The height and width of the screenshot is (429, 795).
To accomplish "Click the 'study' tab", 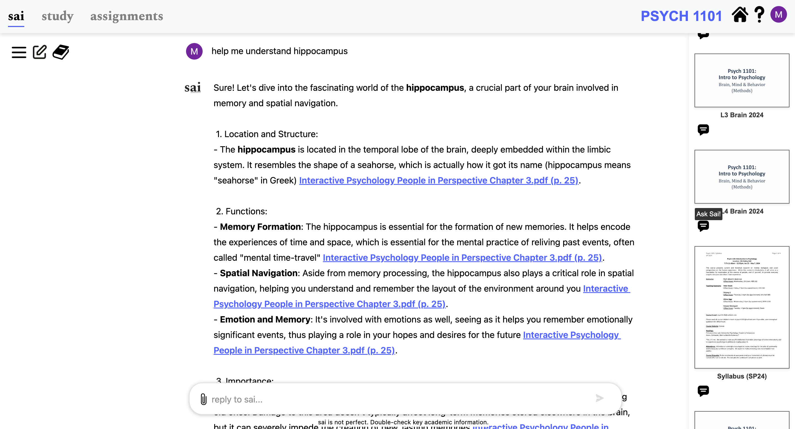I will (x=57, y=16).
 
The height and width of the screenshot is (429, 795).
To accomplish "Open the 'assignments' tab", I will (x=126, y=16).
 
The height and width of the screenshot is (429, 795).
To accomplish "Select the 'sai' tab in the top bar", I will (x=16, y=16).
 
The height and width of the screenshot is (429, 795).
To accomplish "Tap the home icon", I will (x=740, y=15).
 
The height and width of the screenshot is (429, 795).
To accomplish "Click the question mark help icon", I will (x=759, y=15).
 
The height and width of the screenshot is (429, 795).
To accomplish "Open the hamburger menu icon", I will (x=19, y=52).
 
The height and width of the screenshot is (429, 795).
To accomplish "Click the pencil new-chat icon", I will (x=40, y=52).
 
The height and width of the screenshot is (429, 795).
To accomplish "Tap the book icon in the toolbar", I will (x=61, y=52).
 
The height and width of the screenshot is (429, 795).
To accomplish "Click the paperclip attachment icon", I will (x=203, y=399).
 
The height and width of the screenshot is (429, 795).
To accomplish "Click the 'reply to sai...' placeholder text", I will (x=237, y=399).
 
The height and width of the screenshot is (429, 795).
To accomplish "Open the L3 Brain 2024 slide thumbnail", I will (x=742, y=81).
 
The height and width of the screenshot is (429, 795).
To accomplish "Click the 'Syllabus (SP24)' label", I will (x=742, y=376).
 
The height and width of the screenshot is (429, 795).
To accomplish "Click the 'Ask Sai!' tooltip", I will (x=708, y=214).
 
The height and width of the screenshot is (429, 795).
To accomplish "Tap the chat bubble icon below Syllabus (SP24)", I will (x=703, y=391).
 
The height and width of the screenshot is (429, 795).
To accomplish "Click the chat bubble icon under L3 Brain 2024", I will (x=703, y=130).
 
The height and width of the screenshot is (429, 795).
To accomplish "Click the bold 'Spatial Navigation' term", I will (x=259, y=273).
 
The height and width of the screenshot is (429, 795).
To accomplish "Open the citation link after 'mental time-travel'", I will (x=462, y=257).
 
